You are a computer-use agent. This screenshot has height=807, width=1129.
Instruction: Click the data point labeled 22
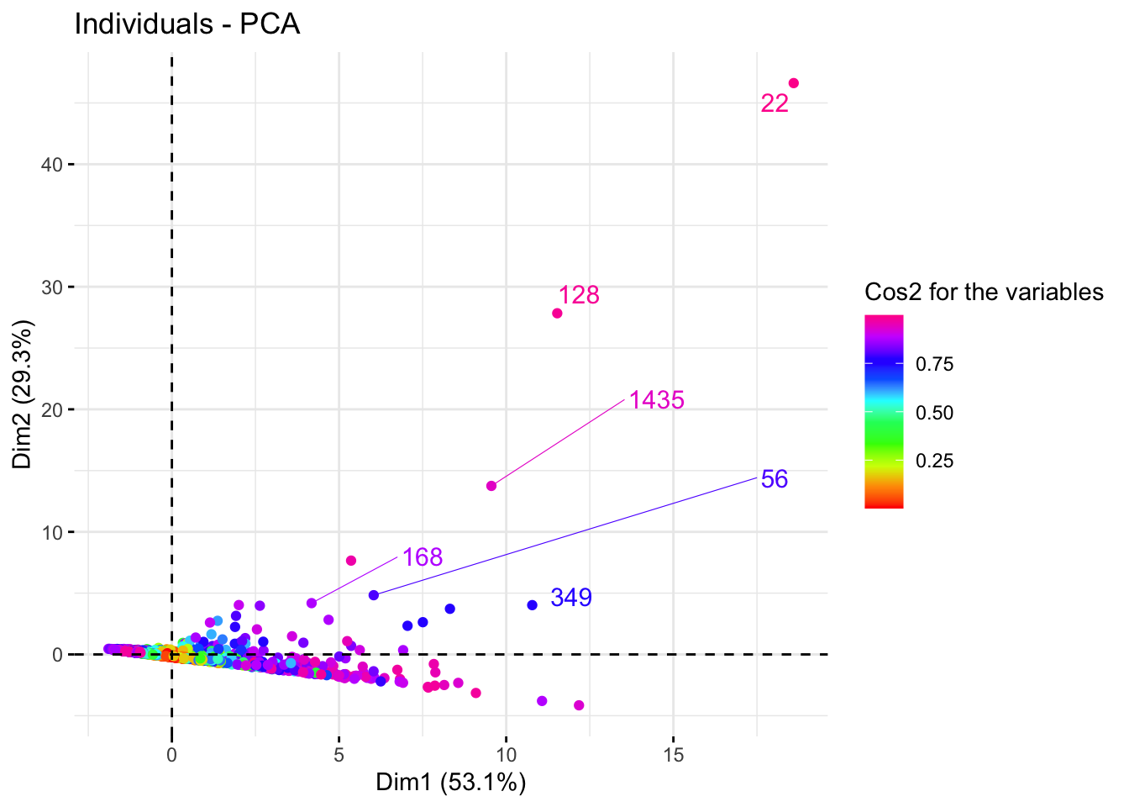tap(794, 83)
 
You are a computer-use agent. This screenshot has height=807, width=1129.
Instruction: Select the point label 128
tap(579, 295)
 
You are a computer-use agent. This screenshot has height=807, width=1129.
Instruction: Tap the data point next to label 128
tap(557, 314)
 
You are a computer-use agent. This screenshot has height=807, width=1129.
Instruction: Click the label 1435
tap(657, 400)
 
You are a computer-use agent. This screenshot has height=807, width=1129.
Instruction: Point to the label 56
tap(774, 479)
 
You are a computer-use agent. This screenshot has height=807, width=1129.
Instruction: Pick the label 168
tap(422, 557)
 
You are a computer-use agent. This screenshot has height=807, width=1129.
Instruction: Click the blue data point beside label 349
tap(532, 605)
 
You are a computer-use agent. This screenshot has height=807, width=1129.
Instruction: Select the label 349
tap(571, 598)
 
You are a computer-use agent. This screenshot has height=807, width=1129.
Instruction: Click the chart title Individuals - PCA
tap(187, 24)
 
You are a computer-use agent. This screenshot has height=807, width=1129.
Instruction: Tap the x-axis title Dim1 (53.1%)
tap(450, 783)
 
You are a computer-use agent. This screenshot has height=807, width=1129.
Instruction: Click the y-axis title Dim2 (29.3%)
tap(23, 394)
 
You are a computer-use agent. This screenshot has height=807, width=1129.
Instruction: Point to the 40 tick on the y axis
tap(51, 165)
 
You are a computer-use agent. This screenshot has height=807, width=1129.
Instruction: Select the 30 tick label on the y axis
tap(51, 287)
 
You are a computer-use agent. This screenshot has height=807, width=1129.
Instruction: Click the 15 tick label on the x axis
tap(673, 755)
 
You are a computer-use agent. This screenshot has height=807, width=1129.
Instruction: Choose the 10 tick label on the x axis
tap(506, 755)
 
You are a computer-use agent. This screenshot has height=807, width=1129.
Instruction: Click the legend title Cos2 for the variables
tap(984, 292)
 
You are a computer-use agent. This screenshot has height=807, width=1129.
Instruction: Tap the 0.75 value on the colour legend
tap(934, 364)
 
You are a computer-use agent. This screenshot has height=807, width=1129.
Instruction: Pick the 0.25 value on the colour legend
tap(934, 461)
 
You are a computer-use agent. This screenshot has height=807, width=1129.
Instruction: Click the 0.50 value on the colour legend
tap(934, 413)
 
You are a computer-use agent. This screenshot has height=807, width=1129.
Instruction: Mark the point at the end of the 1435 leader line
tap(491, 486)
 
